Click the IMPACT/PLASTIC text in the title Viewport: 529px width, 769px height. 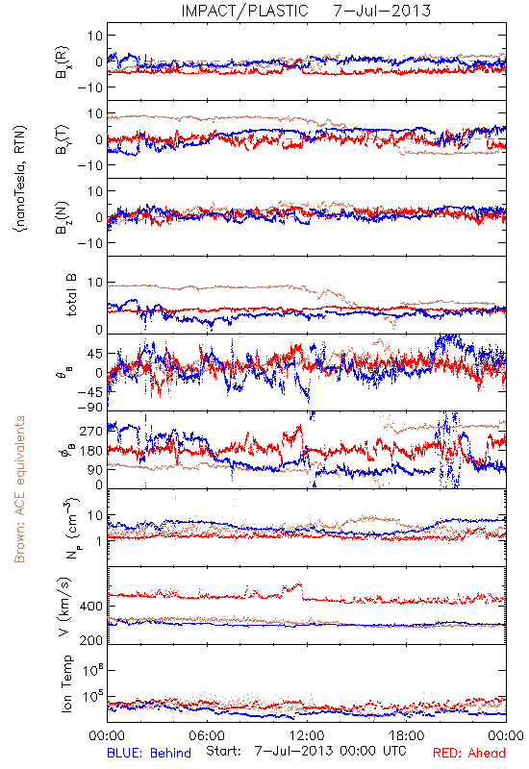pos(244,11)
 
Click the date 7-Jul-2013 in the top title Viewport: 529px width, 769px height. pos(382,11)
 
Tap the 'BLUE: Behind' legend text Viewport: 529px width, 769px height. pos(149,753)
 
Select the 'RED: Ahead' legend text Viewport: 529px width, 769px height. pos(468,753)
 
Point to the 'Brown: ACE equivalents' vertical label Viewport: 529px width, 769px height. pos(19,489)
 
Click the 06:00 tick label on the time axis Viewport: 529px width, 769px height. pos(207,735)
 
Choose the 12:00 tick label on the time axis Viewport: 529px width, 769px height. pos(307,735)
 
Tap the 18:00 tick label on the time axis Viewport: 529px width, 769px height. pos(407,735)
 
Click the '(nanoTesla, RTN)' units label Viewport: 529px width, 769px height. pos(20,178)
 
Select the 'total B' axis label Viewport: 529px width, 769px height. pos(71,295)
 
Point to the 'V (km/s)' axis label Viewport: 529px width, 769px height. pos(64,607)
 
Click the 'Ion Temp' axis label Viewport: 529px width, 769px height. pos(66,683)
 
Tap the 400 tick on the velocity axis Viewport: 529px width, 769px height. pos(91,607)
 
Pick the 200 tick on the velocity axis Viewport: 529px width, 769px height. pos(91,640)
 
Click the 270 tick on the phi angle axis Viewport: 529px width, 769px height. pos(91,431)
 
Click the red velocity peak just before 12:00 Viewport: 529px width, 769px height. pos(298,583)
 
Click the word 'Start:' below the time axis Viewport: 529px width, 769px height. pos(223,751)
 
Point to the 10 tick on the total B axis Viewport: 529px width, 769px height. pos(95,283)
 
